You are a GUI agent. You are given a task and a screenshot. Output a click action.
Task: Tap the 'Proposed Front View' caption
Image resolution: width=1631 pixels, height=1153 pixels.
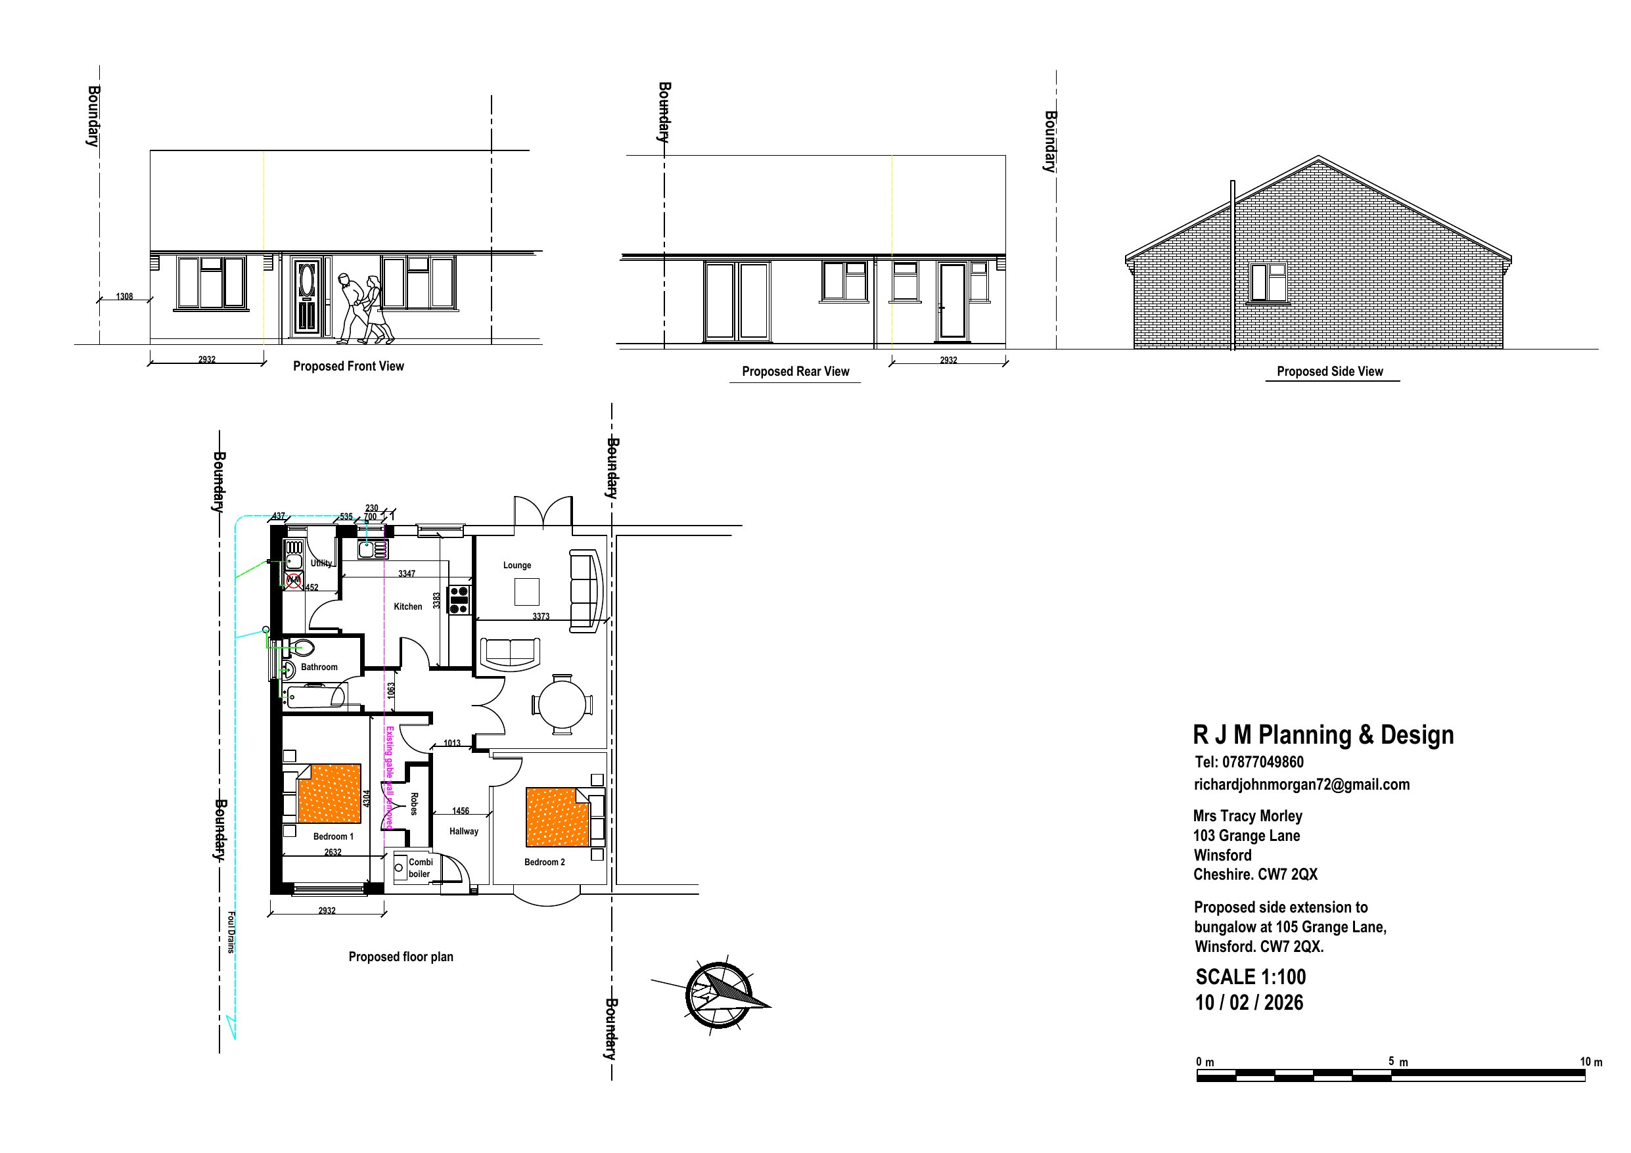tap(348, 366)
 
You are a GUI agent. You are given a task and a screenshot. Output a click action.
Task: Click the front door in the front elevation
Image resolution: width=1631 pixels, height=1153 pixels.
tap(307, 296)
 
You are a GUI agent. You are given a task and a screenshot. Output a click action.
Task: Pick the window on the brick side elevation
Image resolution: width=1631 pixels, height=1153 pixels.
tap(1268, 282)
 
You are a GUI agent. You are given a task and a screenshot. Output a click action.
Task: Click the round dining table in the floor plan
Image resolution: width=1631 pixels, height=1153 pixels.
tap(563, 705)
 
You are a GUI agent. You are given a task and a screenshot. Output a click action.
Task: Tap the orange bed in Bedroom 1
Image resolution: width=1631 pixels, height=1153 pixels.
tap(330, 793)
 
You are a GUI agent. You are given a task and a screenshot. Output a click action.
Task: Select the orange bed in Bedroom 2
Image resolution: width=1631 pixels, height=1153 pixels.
tap(558, 817)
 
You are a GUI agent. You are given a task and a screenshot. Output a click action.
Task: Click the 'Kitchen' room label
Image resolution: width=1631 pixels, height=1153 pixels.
tap(407, 606)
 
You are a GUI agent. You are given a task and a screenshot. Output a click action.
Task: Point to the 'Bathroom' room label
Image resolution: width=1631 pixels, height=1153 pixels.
tap(319, 666)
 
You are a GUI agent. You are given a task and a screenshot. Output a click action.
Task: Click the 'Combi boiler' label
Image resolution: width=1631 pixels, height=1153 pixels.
tap(420, 867)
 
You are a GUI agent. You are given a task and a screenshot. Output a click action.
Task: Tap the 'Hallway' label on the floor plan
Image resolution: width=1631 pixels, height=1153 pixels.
tap(463, 830)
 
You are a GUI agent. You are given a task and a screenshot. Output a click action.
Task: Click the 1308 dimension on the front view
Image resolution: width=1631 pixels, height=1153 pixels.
tap(124, 296)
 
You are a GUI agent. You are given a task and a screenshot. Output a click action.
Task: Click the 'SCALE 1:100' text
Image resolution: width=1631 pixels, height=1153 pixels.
tap(1251, 977)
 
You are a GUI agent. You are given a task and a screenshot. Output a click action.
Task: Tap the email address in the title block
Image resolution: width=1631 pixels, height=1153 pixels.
tap(1301, 784)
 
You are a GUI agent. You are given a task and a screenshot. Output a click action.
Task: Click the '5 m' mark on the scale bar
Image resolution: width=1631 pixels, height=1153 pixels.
tap(1397, 1062)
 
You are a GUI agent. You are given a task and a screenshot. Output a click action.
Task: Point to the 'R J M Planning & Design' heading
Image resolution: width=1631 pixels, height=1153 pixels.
tap(1323, 735)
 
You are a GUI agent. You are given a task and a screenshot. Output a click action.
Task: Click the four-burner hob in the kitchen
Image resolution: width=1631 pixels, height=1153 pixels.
tap(459, 600)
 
